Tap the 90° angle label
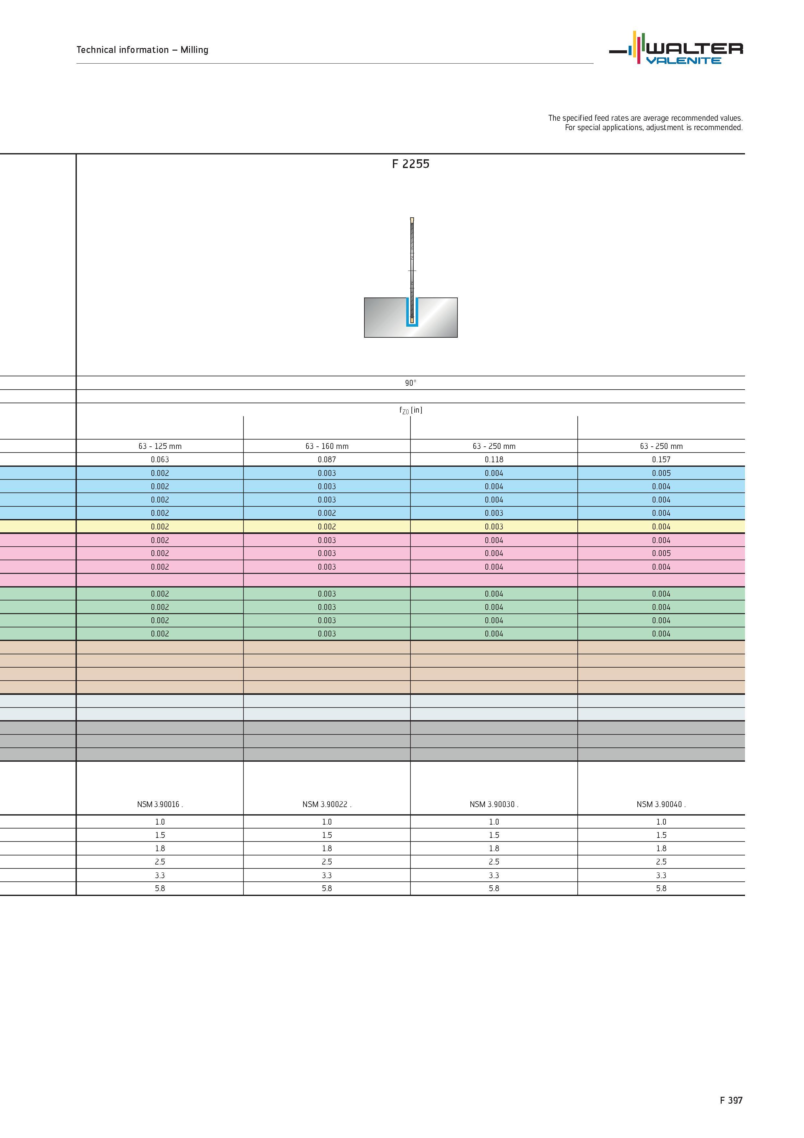click(x=411, y=383)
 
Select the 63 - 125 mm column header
click(x=160, y=446)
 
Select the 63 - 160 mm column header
click(x=327, y=446)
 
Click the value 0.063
click(x=160, y=459)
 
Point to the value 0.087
click(x=327, y=459)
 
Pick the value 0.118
click(x=494, y=459)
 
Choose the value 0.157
click(x=661, y=459)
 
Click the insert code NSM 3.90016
click(x=160, y=805)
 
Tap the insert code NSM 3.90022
click(x=327, y=805)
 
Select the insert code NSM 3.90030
click(x=494, y=805)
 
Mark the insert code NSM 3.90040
click(x=661, y=805)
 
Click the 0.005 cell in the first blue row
click(x=661, y=473)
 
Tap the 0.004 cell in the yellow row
click(x=661, y=527)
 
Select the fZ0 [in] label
click(x=411, y=410)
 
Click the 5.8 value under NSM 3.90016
click(x=160, y=889)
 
